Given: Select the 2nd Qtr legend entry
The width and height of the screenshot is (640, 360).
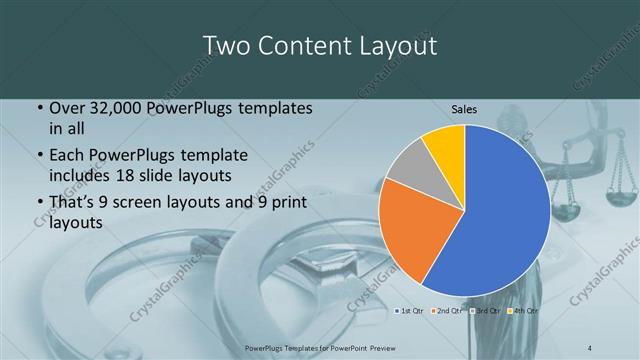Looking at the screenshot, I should tap(447, 311).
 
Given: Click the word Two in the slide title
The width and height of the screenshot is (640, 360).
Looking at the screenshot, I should tap(225, 46).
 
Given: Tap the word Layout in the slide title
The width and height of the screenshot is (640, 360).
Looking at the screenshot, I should tap(397, 46).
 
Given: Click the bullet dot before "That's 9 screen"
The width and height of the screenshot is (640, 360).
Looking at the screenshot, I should tap(39, 204).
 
